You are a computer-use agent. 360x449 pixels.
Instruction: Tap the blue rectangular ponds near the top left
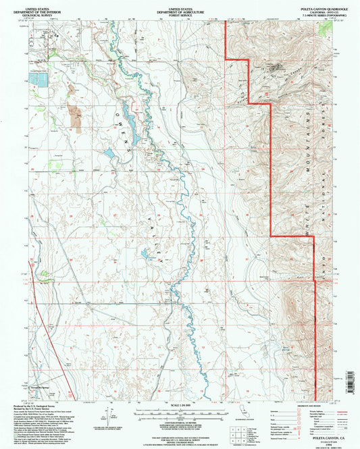click(38, 78)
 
